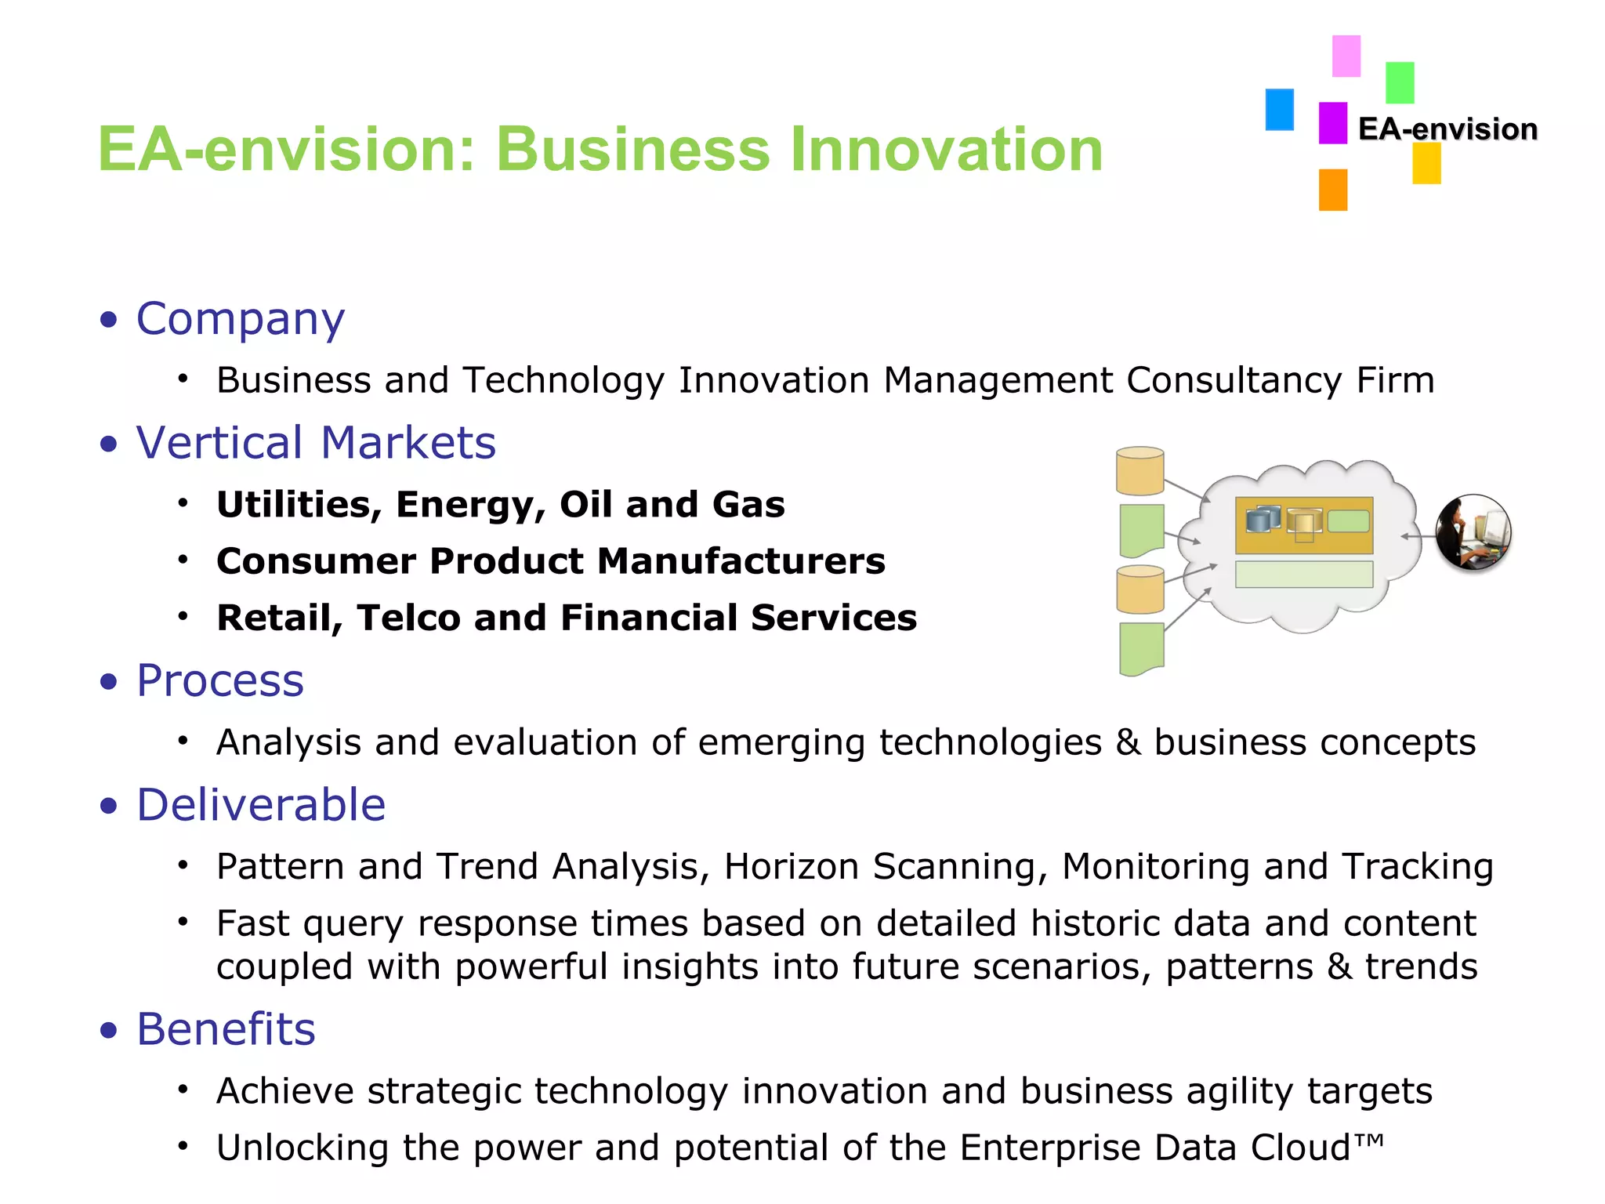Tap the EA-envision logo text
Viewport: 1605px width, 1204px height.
tap(1447, 129)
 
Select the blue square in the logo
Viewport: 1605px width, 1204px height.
tap(1279, 110)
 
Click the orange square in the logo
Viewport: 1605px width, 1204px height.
tap(1332, 190)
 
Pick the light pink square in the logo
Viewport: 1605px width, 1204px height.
tap(1346, 56)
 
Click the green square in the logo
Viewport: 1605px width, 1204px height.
tap(1399, 83)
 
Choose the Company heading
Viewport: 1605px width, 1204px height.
tap(240, 319)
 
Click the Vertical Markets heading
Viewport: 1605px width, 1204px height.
tap(316, 443)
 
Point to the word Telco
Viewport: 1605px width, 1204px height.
tap(408, 618)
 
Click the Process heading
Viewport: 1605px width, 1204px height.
tap(220, 680)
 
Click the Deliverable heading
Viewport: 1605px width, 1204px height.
tap(261, 805)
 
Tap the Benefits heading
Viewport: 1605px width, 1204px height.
tap(226, 1029)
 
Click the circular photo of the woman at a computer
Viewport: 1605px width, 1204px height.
tap(1473, 532)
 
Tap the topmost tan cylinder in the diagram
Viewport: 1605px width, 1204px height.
tap(1139, 472)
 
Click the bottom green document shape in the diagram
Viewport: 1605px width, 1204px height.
tap(1141, 648)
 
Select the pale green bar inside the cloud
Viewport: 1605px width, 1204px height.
tap(1303, 574)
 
